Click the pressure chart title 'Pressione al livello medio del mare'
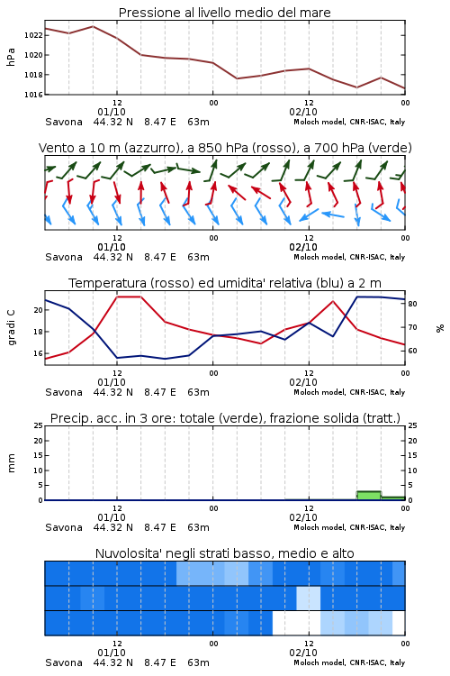pos(224,13)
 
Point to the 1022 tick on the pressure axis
pos(32,35)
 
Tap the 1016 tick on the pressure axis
pos(32,95)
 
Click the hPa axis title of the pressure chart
pos(11,57)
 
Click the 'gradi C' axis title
pos(12,327)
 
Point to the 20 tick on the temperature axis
pos(39,310)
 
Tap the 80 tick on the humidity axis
pos(412,304)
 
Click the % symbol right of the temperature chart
pos(440,328)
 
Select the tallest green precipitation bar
pos(369,496)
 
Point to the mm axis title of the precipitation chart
pos(12,463)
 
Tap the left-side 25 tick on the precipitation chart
pos(39,425)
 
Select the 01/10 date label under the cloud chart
pos(112,653)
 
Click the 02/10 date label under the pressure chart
pos(303,112)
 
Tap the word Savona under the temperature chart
pos(64,392)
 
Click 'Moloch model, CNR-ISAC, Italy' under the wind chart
pos(349,257)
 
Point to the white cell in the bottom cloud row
pos(296,623)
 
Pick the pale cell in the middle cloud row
pos(309,598)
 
